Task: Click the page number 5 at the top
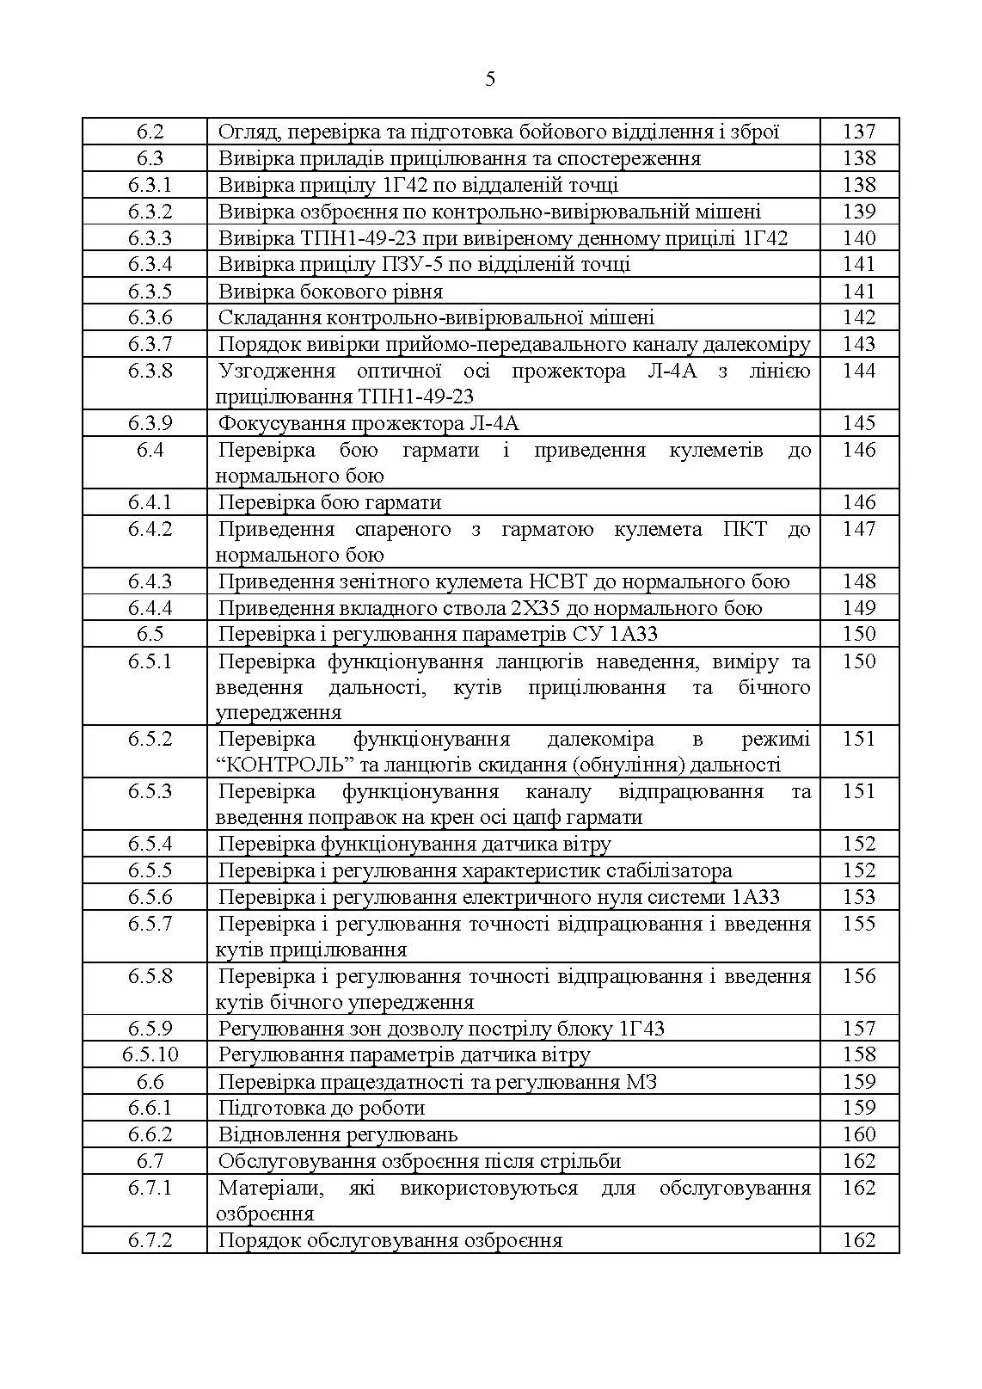[490, 80]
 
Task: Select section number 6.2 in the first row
[150, 132]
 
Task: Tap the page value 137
[858, 132]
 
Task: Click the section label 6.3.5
[150, 292]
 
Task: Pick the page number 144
[858, 371]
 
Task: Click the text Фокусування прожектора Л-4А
[368, 423]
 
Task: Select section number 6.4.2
[150, 529]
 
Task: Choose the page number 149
[858, 608]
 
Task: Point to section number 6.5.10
[150, 1055]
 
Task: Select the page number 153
[858, 897]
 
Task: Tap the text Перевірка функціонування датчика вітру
[414, 845]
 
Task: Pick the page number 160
[858, 1134]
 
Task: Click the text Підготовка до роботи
[321, 1109]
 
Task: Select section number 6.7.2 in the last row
[150, 1240]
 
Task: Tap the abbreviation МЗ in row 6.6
[641, 1082]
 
